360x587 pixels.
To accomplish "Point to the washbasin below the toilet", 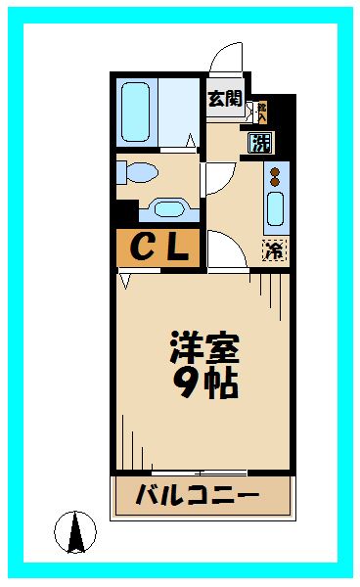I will [x=169, y=209].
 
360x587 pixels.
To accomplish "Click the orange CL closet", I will [x=158, y=248].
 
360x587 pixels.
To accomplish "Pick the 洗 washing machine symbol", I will [x=260, y=143].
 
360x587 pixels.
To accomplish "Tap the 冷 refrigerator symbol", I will [x=275, y=250].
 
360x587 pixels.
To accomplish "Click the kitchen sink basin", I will [x=275, y=211].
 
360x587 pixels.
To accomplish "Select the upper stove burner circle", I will [x=275, y=172].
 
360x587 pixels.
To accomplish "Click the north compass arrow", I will [x=74, y=533].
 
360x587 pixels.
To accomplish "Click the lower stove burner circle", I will [x=275, y=183].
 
